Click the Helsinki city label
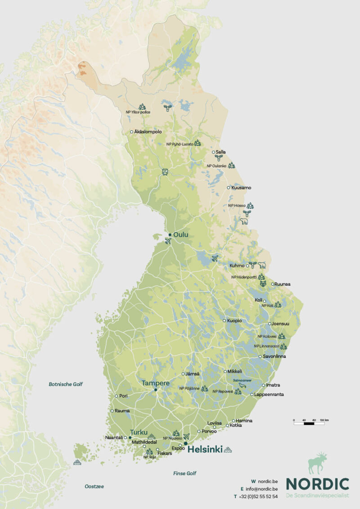pyautogui.click(x=205, y=449)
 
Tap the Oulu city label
pyautogui.click(x=180, y=235)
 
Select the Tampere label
pyautogui.click(x=155, y=383)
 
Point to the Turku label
pyautogui.click(x=139, y=432)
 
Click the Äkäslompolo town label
pyautogui.click(x=148, y=132)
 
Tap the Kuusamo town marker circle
pyautogui.click(x=229, y=188)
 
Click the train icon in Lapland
pyautogui.click(x=165, y=172)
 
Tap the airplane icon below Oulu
pyautogui.click(x=168, y=241)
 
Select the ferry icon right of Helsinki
pyautogui.click(x=229, y=449)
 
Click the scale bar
pyautogui.click(x=311, y=423)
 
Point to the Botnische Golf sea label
pyautogui.click(x=66, y=384)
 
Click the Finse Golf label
pyautogui.click(x=184, y=473)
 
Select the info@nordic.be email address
pyautogui.click(x=261, y=489)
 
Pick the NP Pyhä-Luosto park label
pyautogui.click(x=180, y=144)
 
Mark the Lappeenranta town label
pyautogui.click(x=269, y=394)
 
